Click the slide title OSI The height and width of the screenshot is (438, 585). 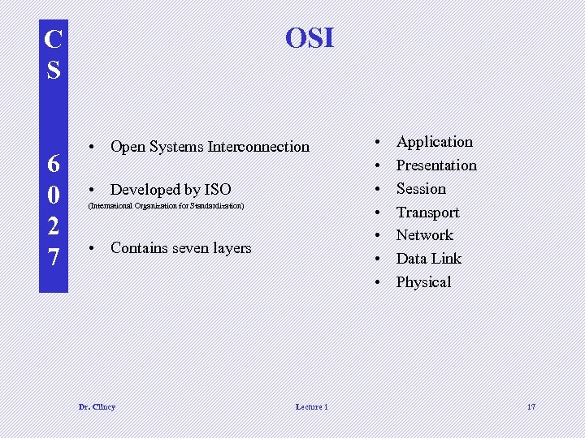[310, 38]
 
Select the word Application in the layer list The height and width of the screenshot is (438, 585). [434, 142]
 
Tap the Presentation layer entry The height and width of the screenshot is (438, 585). [436, 165]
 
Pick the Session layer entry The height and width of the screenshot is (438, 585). [421, 189]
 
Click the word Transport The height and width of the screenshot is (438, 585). [427, 213]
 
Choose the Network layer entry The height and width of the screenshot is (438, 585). [424, 235]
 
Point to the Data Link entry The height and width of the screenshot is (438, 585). [428, 259]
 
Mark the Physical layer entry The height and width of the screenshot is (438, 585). [423, 282]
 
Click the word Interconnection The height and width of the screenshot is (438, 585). [258, 147]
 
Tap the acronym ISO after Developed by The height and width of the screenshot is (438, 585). [217, 190]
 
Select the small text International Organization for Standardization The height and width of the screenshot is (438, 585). [166, 207]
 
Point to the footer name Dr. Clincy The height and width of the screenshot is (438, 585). [97, 406]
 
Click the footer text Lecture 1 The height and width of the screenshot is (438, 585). [311, 406]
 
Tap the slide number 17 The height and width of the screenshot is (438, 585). [531, 406]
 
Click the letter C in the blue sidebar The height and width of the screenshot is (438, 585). [53, 39]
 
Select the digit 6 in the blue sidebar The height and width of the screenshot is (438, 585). [53, 164]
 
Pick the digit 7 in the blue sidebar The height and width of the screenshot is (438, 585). [53, 258]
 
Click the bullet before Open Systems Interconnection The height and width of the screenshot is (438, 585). [95, 147]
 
